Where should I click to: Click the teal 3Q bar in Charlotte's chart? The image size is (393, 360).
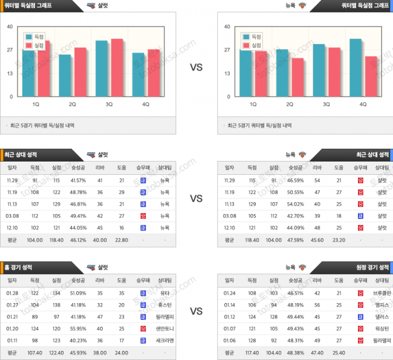click(102, 68)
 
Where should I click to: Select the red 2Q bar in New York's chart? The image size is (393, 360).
click(297, 77)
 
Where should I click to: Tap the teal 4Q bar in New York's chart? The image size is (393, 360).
click(356, 67)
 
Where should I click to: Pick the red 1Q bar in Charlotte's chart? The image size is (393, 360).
click(44, 70)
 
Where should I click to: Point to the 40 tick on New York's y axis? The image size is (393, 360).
click(227, 27)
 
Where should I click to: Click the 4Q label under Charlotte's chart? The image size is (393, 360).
click(146, 104)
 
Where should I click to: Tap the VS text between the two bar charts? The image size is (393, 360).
click(196, 68)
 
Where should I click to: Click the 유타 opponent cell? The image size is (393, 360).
click(164, 293)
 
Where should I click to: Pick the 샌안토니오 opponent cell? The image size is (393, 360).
click(164, 329)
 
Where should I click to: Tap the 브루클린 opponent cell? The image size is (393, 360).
click(382, 293)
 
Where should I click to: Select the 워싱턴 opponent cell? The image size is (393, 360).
click(382, 329)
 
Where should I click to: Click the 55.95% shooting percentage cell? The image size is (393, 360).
click(78, 329)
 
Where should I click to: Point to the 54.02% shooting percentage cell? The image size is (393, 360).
click(295, 204)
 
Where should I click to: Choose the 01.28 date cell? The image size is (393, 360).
click(12, 293)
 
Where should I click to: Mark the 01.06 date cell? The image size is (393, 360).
click(229, 341)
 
